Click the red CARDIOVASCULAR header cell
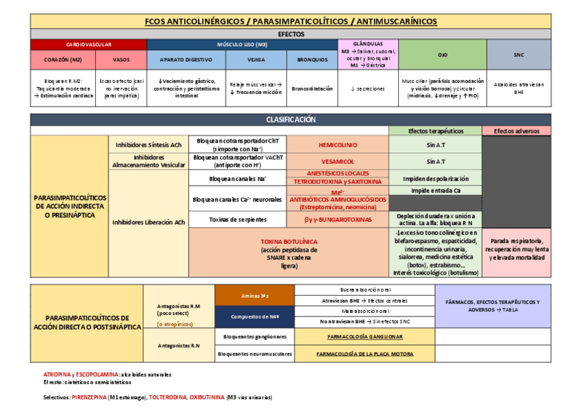tap(89, 44)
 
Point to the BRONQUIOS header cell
tap(312, 59)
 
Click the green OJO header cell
tap(442, 54)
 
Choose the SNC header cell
tap(518, 54)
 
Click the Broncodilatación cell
tap(312, 89)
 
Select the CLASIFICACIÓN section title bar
tap(290, 119)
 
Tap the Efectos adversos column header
tap(516, 130)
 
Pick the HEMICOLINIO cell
tap(337, 145)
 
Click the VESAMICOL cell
tap(337, 161)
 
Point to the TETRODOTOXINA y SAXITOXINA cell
tap(337, 182)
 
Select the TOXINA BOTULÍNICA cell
tap(288, 253)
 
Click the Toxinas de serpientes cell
tap(237, 220)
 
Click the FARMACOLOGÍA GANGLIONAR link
tap(365, 337)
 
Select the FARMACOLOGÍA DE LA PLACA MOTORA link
tap(365, 354)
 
